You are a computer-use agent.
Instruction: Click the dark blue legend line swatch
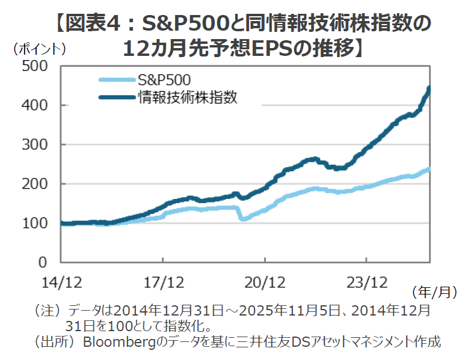coord(116,97)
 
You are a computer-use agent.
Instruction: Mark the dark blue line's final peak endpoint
coord(429,88)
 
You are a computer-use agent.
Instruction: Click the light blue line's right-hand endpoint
coord(429,169)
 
